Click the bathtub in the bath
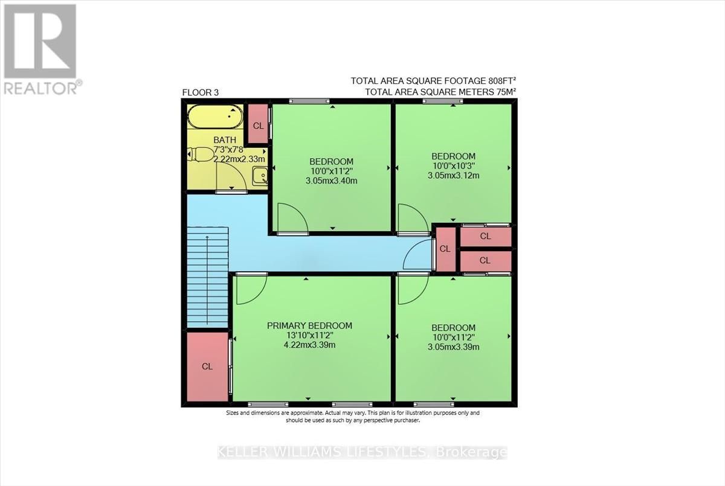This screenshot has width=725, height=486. (x=216, y=117)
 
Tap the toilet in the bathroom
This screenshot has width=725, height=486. (x=199, y=154)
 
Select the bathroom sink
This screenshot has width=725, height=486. (x=260, y=176)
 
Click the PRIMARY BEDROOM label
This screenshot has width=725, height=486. (x=309, y=325)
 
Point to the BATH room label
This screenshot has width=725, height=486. (x=225, y=140)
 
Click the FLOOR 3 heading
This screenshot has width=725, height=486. (x=201, y=92)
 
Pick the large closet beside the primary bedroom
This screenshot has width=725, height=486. (x=207, y=366)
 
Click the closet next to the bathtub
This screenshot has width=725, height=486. (x=259, y=124)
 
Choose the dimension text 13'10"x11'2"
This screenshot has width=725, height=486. (x=309, y=335)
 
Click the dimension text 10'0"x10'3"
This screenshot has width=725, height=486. (x=454, y=166)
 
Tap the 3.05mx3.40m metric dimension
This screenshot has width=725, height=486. (x=332, y=181)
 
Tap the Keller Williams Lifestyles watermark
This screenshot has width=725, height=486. (x=362, y=452)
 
